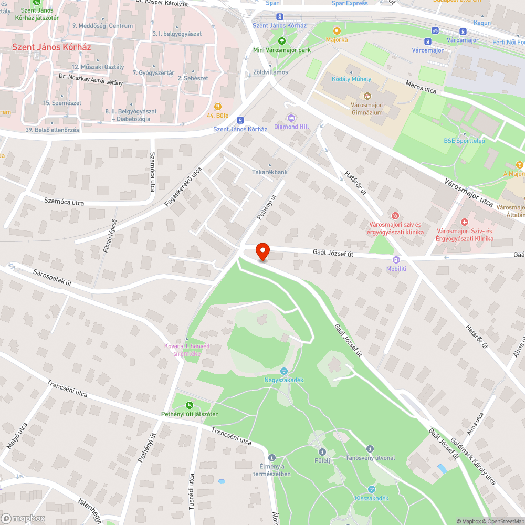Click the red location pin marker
tap(262, 251)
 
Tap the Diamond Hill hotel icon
tap(291, 117)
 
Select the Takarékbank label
tap(270, 172)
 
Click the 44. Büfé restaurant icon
tap(217, 106)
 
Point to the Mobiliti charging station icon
tap(396, 259)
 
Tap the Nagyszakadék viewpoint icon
tap(283, 371)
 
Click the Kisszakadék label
tap(372, 498)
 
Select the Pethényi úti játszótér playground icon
tap(190, 405)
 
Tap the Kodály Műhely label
tap(352, 79)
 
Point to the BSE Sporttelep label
tap(464, 141)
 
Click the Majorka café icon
tap(337, 30)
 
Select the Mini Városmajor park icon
tap(282, 41)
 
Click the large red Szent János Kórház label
tap(51, 47)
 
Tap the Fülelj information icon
tap(322, 451)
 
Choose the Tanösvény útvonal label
tap(370, 458)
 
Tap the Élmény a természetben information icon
tap(271, 457)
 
